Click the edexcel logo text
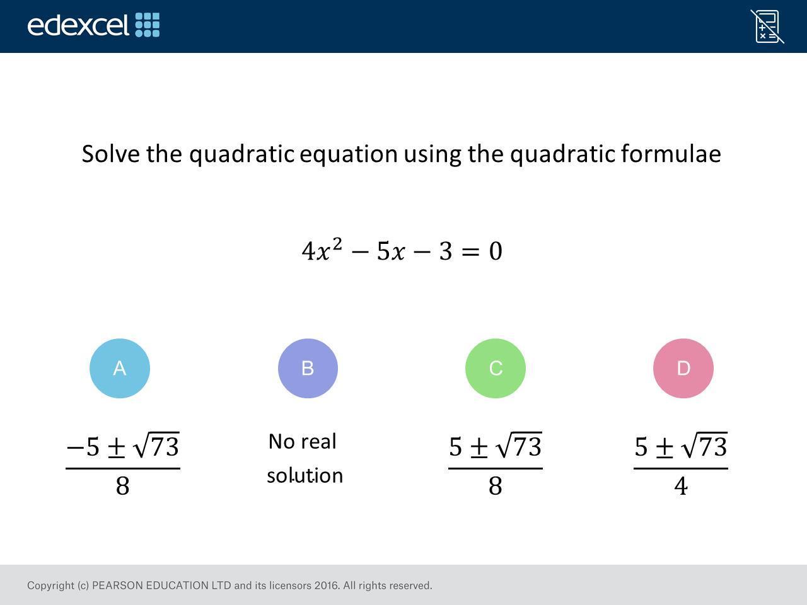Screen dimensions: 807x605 [78, 25]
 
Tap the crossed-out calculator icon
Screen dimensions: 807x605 [767, 26]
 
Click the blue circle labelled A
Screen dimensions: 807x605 [120, 368]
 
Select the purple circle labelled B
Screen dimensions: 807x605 [308, 368]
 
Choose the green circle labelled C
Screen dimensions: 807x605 [496, 368]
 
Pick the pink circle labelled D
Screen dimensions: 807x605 [683, 368]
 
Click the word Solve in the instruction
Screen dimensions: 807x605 [111, 154]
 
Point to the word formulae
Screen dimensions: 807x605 [671, 153]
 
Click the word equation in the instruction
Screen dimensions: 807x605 [349, 154]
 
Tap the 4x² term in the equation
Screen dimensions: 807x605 [322, 250]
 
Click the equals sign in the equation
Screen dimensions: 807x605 [470, 251]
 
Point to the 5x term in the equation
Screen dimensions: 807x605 [391, 251]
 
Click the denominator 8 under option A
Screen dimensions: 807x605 [122, 486]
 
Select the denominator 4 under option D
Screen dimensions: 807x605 [681, 486]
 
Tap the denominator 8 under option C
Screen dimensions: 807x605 [495, 486]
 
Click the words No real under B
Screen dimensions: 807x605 [302, 441]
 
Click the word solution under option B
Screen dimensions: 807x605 [305, 475]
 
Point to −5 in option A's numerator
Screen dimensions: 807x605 [83, 447]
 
